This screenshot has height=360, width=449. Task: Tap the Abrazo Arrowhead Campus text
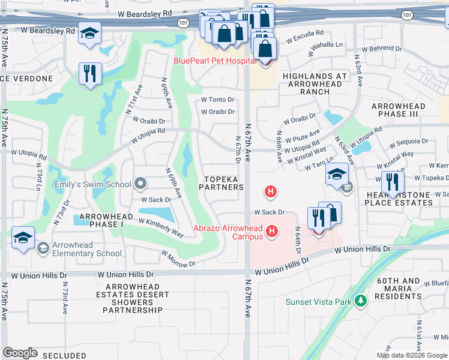click(x=228, y=232)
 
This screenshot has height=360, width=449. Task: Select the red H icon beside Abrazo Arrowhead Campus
click(x=272, y=231)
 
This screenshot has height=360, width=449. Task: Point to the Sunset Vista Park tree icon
click(x=360, y=301)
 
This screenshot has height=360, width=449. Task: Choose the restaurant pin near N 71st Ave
click(x=90, y=74)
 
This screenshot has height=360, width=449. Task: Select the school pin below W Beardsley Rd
click(x=89, y=34)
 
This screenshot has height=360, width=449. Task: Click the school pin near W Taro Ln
click(x=337, y=175)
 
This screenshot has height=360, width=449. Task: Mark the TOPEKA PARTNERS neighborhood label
click(x=224, y=183)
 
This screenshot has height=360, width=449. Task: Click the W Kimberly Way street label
click(x=161, y=227)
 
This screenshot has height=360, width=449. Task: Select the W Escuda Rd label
click(x=304, y=34)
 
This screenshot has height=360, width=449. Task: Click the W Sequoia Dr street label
click(x=409, y=143)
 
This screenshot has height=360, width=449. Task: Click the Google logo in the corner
click(x=20, y=353)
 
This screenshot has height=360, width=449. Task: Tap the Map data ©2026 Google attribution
click(x=412, y=355)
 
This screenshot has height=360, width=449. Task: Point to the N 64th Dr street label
click(x=298, y=240)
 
